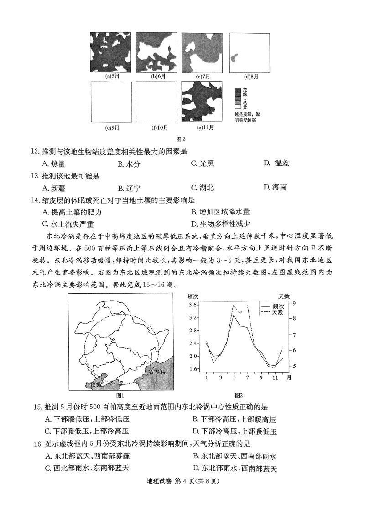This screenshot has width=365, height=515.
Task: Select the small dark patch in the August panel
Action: coord(235,57)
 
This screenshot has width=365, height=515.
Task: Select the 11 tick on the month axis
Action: coord(275,377)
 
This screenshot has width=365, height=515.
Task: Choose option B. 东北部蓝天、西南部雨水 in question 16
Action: coord(235,456)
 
